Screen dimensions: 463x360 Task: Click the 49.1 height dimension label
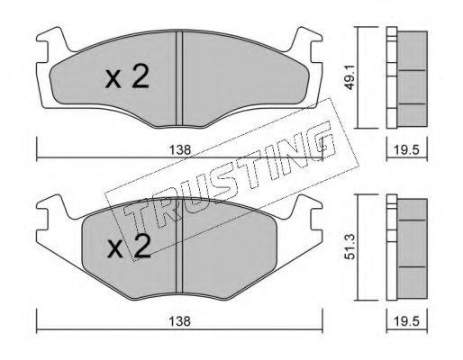point(350,78)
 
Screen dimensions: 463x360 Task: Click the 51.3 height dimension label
point(350,247)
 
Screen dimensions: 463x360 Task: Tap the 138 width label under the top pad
point(180,149)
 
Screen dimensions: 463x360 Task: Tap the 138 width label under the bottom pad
point(180,321)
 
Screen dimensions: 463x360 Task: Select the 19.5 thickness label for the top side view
point(406,149)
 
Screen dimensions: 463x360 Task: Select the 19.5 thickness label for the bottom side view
point(406,321)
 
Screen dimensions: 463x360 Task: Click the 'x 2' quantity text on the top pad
point(127,77)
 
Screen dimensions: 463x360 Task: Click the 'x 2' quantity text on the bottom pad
point(129,246)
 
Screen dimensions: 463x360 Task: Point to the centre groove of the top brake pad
point(179,78)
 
